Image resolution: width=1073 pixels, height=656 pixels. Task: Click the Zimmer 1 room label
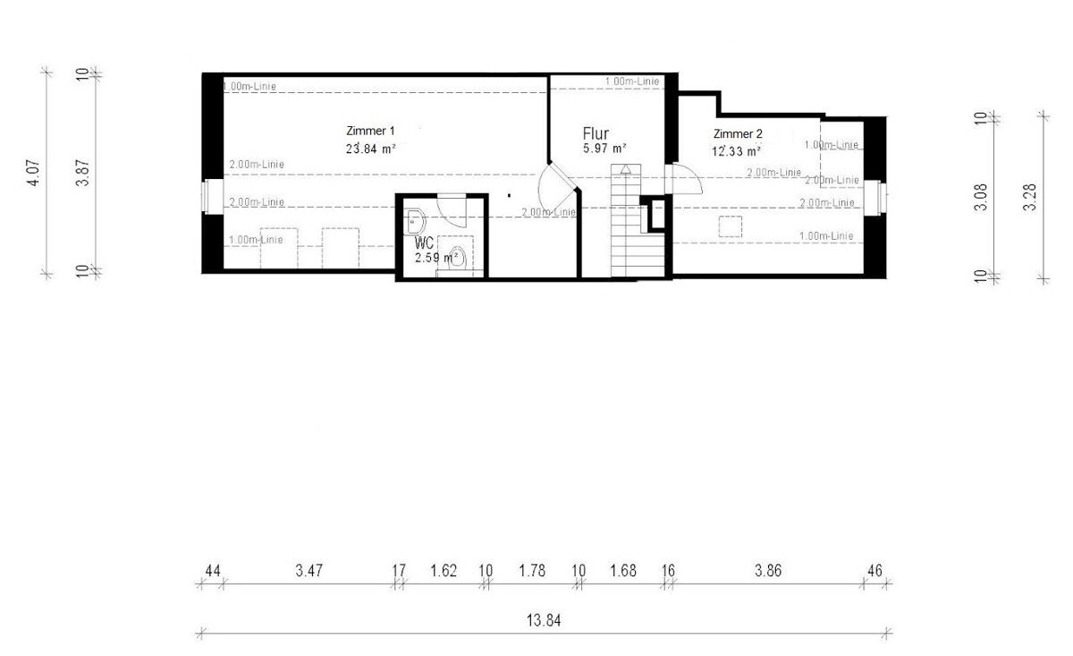(370, 131)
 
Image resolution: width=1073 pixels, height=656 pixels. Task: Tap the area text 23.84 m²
(371, 149)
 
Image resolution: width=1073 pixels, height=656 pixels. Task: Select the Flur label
(596, 133)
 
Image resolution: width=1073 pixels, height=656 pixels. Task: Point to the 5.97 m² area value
(604, 149)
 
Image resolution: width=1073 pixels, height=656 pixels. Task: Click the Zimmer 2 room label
(738, 133)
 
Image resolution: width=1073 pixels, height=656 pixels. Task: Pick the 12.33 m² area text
(736, 151)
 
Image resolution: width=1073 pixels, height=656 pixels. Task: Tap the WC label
(424, 243)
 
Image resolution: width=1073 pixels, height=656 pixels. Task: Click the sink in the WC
(416, 222)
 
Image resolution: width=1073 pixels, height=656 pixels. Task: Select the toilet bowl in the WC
(458, 258)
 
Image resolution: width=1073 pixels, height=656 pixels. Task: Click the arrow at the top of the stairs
(626, 169)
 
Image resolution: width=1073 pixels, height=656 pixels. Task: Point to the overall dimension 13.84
(544, 620)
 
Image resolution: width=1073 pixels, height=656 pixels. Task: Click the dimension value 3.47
(309, 571)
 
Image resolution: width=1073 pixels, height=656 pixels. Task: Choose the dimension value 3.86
(768, 571)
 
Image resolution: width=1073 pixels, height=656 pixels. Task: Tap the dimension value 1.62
(444, 571)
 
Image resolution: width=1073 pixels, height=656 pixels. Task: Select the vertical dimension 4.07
(34, 173)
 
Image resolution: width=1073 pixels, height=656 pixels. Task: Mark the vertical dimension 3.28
(1029, 197)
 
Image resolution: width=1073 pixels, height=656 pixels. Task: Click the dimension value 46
(874, 571)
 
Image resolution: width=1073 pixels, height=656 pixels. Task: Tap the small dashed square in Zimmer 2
(731, 226)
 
